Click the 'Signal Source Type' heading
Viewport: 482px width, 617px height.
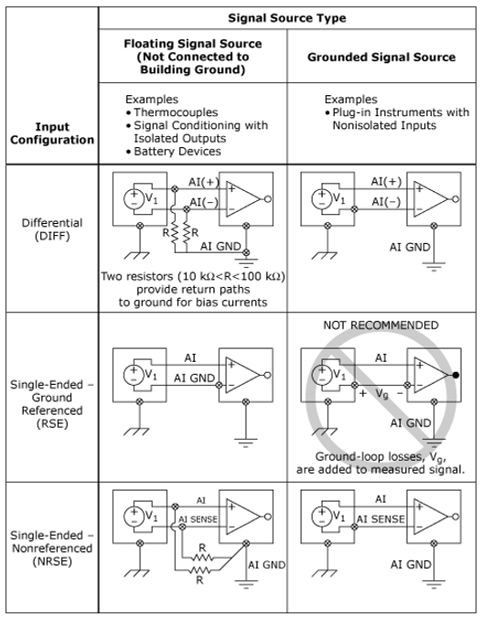click(287, 18)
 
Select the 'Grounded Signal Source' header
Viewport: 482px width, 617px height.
click(381, 57)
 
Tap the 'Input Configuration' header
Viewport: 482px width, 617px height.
click(52, 133)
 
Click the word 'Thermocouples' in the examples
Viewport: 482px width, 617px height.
click(176, 112)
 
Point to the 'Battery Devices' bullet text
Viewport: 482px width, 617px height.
click(177, 151)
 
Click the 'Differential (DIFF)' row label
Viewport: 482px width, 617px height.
click(52, 229)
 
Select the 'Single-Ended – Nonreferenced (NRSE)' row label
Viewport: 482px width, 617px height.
click(52, 548)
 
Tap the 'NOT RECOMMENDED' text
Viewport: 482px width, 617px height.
click(380, 325)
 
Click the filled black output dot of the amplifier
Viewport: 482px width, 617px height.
click(455, 375)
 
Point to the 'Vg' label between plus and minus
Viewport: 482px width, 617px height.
click(382, 393)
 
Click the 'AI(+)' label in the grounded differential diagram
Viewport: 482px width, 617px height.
click(386, 181)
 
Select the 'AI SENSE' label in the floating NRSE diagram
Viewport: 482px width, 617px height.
click(198, 519)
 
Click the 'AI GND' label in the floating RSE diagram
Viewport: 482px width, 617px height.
click(194, 378)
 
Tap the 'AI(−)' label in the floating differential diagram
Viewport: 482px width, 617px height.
click(204, 202)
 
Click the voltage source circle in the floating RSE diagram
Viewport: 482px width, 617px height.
click(134, 375)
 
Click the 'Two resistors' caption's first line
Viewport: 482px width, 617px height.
click(193, 276)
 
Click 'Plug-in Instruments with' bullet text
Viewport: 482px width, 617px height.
click(401, 112)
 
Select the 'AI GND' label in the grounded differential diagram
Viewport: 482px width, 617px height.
click(410, 247)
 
